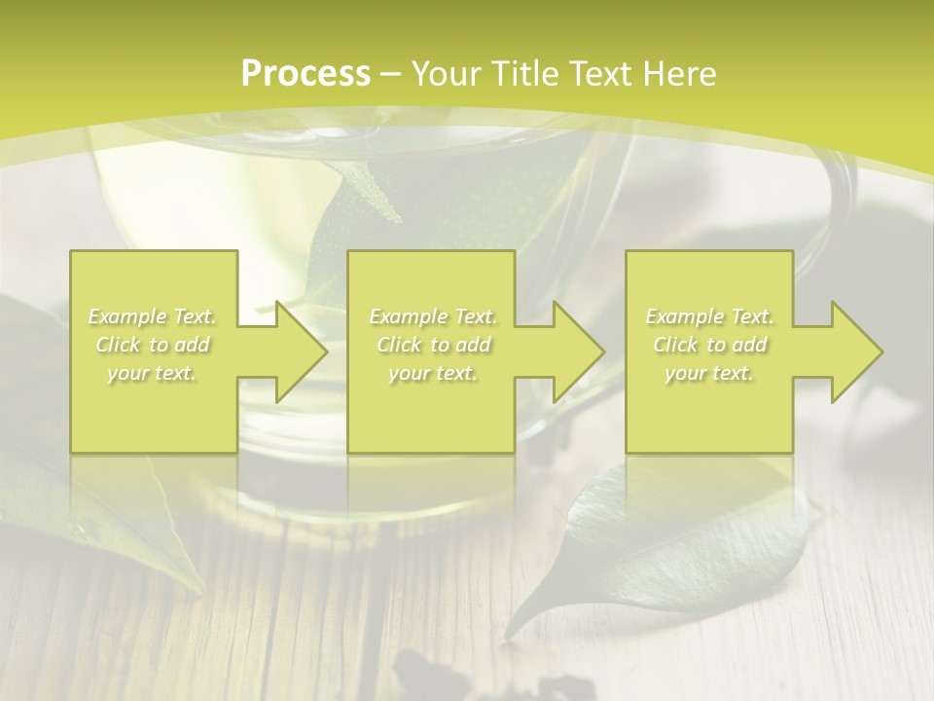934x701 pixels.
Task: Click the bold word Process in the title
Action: [305, 74]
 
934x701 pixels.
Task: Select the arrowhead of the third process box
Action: [856, 351]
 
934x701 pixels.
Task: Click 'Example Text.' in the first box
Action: [153, 316]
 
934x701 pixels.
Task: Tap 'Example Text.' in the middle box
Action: [433, 316]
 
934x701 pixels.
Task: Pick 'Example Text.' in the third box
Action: [709, 316]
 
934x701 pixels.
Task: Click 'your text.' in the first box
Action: [153, 373]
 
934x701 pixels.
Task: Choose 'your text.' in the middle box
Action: [433, 373]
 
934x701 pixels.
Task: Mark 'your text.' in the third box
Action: [709, 373]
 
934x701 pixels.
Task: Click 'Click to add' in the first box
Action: [153, 345]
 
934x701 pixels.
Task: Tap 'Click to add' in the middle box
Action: [433, 345]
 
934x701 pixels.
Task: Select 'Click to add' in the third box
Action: [709, 345]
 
